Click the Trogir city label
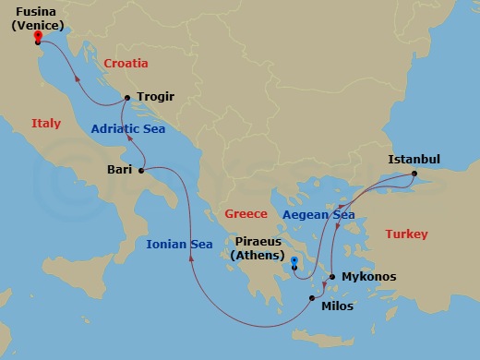tap(155, 97)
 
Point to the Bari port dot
tap(141, 170)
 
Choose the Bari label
tap(119, 170)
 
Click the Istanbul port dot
tap(414, 174)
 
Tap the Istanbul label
tap(414, 159)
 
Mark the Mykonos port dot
tap(332, 277)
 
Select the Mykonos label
tap(368, 277)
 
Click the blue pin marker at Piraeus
tap(294, 262)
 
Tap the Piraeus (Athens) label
tap(258, 247)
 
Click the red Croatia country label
tap(127, 64)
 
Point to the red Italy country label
tap(46, 123)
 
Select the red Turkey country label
tap(406, 234)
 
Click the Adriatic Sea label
tap(127, 129)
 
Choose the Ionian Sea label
tap(179, 244)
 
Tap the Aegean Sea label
tap(318, 215)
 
